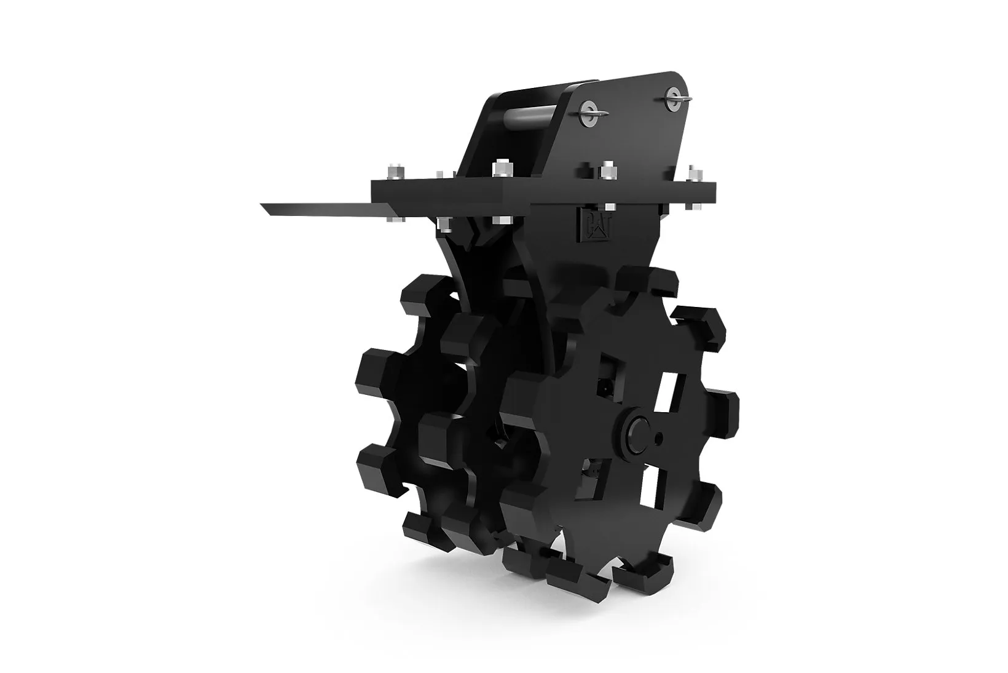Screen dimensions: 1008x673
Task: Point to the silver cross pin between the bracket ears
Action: (x=532, y=119)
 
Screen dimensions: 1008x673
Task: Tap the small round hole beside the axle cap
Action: (x=660, y=437)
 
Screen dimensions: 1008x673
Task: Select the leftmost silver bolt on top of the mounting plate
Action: (x=395, y=172)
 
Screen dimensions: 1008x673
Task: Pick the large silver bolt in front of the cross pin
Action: (x=502, y=169)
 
